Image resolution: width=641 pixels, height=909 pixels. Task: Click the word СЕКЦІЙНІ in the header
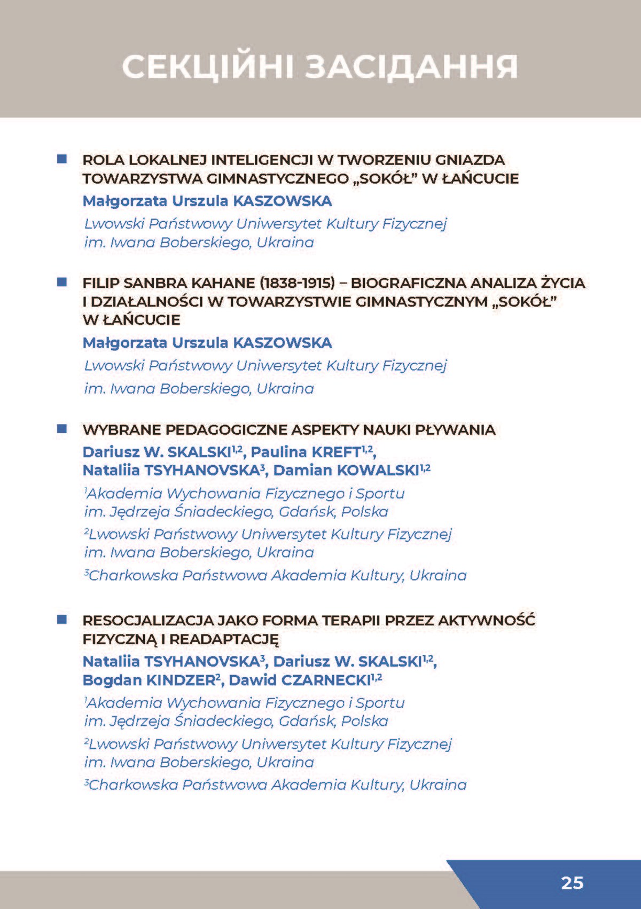(x=208, y=67)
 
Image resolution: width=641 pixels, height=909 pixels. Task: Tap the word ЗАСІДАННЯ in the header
(x=411, y=67)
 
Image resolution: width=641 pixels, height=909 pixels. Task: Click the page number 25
(x=572, y=882)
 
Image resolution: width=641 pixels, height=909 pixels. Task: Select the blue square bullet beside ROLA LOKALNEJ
(x=62, y=159)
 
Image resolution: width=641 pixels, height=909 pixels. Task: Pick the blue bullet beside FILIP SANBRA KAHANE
(x=62, y=282)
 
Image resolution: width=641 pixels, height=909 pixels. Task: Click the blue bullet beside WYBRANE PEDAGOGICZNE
(x=62, y=429)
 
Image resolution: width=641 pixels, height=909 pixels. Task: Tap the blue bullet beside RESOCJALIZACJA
(x=62, y=620)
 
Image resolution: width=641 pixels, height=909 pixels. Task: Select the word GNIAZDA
(x=470, y=160)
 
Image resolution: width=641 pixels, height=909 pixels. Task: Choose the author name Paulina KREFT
(x=307, y=452)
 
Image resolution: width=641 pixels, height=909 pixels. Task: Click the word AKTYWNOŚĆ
(x=487, y=621)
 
